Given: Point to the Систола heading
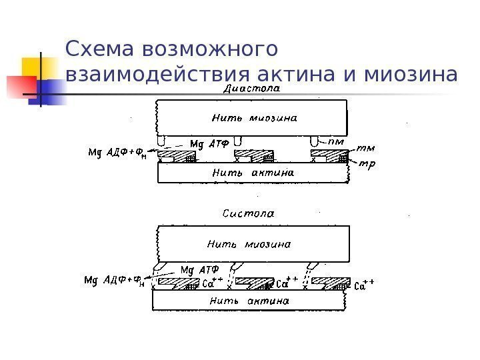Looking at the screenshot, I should [x=247, y=214].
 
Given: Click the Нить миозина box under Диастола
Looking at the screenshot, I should [x=252, y=118].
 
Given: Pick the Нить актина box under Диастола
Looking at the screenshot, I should [x=252, y=173].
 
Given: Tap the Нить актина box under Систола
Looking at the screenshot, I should [x=249, y=301].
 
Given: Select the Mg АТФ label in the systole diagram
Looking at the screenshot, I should [x=197, y=271].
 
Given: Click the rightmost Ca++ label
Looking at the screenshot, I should [x=364, y=286].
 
